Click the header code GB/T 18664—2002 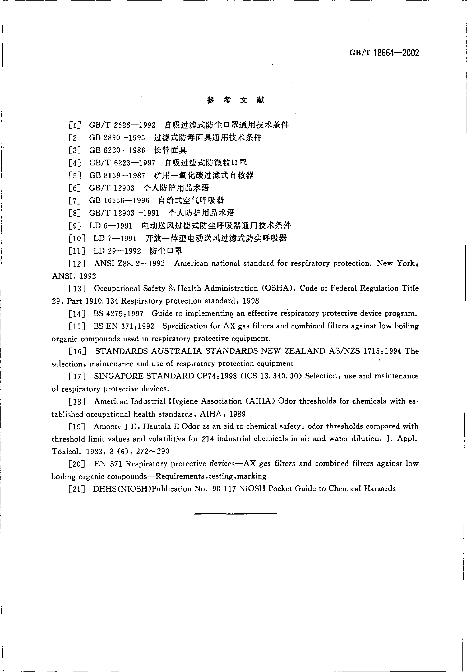point(384,53)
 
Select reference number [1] point(75,125)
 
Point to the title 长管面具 point(170,150)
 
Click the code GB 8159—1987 point(117,175)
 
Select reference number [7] point(75,201)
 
